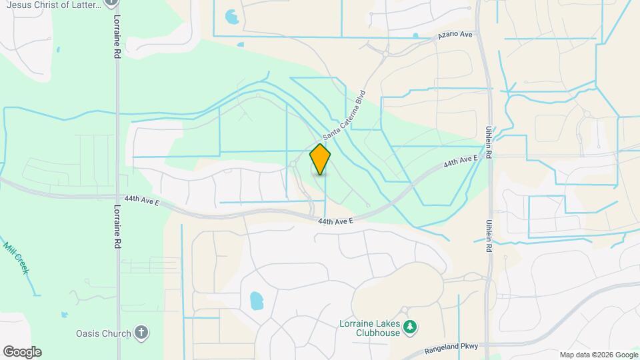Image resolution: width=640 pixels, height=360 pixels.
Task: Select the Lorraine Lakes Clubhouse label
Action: (368, 328)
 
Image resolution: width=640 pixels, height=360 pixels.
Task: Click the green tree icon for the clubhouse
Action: (412, 325)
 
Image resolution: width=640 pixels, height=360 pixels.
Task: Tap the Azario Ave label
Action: (455, 34)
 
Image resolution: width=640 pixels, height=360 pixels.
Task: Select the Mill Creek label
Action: (17, 259)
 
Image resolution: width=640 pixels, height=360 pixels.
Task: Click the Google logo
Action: (21, 352)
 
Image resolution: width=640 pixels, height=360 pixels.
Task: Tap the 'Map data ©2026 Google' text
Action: (599, 355)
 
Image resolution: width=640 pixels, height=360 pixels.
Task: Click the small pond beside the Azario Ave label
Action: (415, 35)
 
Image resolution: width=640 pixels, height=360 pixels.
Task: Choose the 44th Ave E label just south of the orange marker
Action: (335, 221)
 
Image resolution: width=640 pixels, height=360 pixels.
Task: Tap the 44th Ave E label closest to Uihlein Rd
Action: (461, 162)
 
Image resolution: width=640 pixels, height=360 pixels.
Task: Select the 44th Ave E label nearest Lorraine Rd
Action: (141, 200)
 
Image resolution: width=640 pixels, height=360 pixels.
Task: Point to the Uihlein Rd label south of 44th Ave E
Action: (489, 235)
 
